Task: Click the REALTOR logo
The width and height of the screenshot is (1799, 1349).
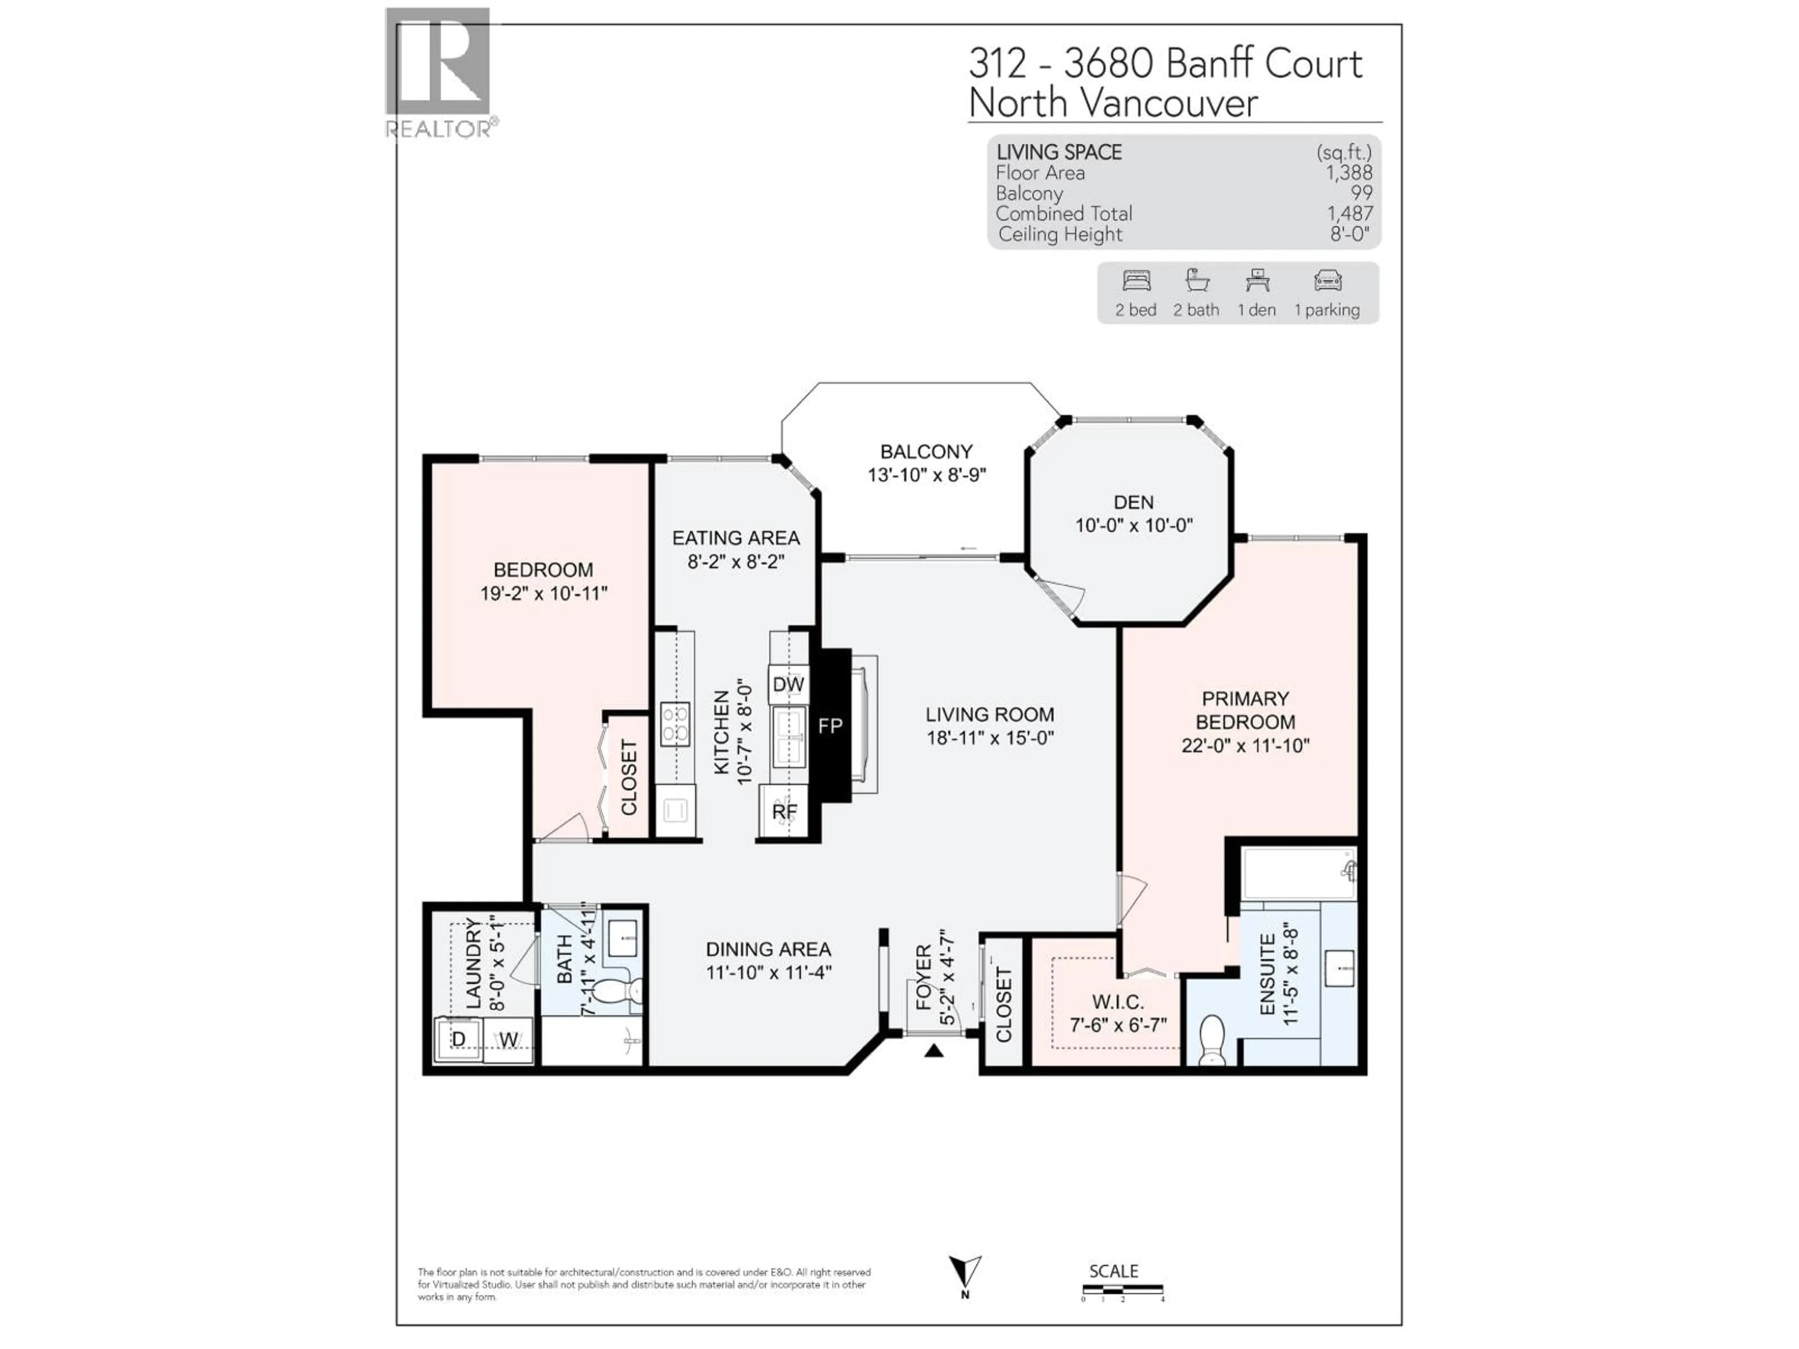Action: coord(439,72)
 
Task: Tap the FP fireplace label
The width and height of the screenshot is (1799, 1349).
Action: coord(830,726)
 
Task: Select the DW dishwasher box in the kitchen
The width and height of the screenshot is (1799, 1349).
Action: coord(787,685)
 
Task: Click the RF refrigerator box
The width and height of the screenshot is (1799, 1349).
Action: coord(784,812)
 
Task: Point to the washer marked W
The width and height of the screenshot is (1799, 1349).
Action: coord(508,1040)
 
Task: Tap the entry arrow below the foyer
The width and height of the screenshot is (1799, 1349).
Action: coord(934,1051)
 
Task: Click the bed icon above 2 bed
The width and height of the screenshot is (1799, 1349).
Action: coord(1136,282)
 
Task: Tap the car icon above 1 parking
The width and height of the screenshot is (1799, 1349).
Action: coord(1327,282)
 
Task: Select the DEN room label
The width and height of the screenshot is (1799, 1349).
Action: coord(1133,503)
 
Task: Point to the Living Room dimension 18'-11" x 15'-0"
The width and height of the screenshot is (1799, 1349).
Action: coord(990,738)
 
